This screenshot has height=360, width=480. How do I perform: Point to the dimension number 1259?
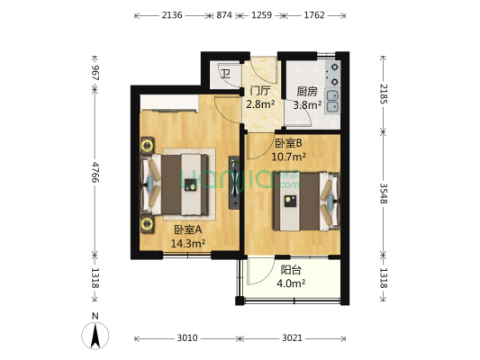click(261, 15)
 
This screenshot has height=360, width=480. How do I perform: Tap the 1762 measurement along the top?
click(313, 15)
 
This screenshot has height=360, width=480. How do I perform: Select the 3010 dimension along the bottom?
click(186, 338)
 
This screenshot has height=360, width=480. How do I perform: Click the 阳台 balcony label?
click(290, 269)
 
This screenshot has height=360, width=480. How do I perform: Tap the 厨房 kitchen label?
click(306, 91)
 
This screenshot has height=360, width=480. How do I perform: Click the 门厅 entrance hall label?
click(260, 91)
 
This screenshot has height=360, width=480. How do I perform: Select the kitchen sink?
click(333, 102)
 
